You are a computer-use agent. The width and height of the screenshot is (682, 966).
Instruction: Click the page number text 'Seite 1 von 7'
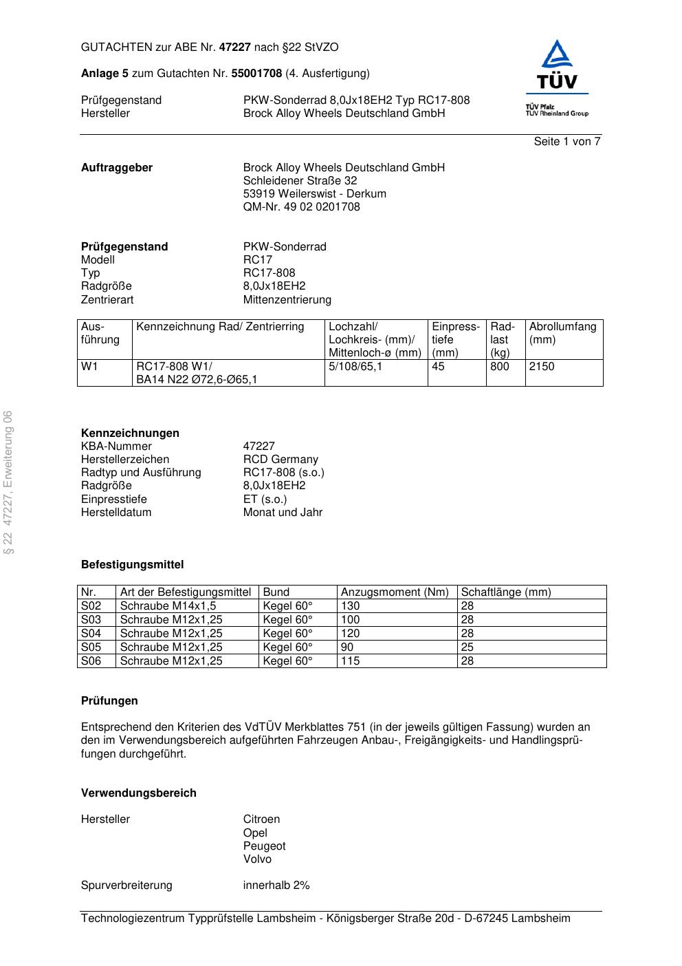pyautogui.click(x=567, y=142)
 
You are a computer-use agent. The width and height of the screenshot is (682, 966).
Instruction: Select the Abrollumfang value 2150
pyautogui.click(x=542, y=367)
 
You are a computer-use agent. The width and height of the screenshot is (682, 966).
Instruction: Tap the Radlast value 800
pyautogui.click(x=500, y=367)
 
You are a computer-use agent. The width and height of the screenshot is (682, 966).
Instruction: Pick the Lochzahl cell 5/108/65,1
pyautogui.click(x=355, y=367)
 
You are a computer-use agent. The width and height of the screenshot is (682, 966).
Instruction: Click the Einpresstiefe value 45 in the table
pyautogui.click(x=438, y=367)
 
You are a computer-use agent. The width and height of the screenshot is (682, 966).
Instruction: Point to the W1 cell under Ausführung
pyautogui.click(x=90, y=367)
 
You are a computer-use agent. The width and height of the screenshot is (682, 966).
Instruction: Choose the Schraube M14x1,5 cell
pyautogui.click(x=168, y=606)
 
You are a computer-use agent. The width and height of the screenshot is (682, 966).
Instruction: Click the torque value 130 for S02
pyautogui.click(x=350, y=606)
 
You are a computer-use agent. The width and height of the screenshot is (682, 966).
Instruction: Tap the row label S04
pyautogui.click(x=91, y=634)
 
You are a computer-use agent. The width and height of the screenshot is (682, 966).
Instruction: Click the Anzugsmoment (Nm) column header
pyautogui.click(x=395, y=592)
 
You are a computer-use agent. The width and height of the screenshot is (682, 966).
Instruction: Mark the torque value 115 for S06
pyautogui.click(x=350, y=661)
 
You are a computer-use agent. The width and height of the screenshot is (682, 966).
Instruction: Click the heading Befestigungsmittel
pyautogui.click(x=133, y=565)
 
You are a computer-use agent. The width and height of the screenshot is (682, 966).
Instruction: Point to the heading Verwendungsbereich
pyautogui.click(x=139, y=793)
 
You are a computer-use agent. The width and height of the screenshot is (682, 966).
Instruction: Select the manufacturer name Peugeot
pyautogui.click(x=264, y=846)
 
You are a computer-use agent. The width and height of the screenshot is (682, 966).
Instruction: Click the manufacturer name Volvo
pyautogui.click(x=257, y=859)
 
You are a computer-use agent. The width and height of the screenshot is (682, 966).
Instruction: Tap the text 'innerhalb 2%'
pyautogui.click(x=276, y=885)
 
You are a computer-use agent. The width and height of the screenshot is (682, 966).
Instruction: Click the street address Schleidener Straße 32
pyautogui.click(x=300, y=181)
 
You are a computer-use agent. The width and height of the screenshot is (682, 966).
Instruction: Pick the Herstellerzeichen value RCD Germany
pyautogui.click(x=280, y=460)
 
